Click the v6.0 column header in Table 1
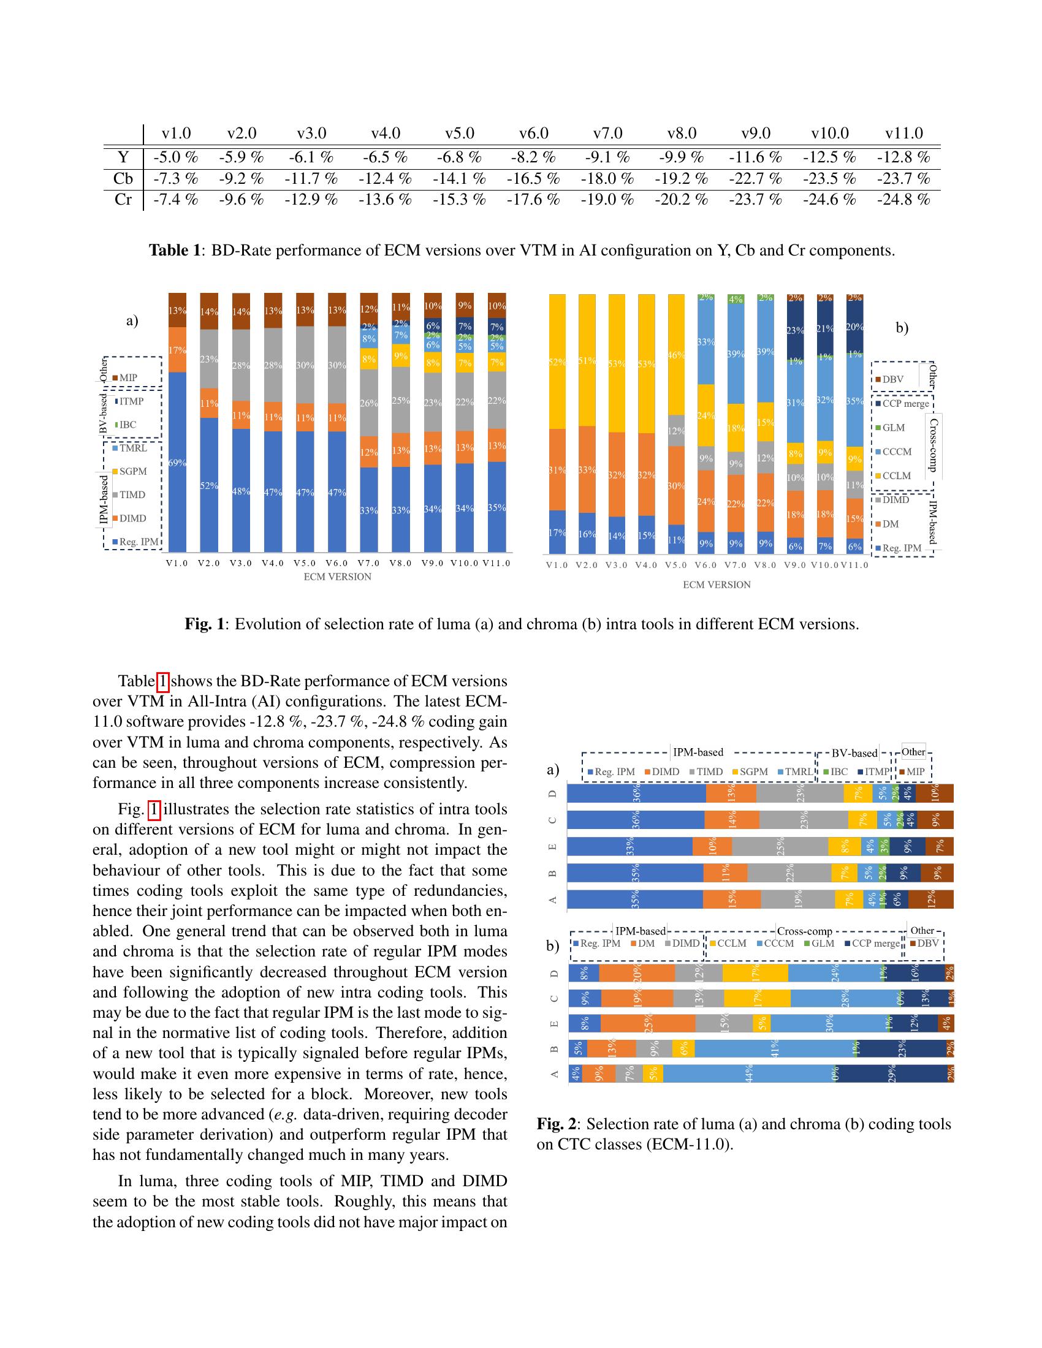533,134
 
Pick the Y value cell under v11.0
903,157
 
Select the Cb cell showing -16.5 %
533,179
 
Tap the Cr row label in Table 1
123,200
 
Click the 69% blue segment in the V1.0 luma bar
177,463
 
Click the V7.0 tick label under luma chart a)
368,563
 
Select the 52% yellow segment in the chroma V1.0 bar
557,362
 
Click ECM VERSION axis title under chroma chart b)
716,585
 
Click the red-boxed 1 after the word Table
163,681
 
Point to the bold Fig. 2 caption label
555,1124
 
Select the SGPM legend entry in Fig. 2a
750,771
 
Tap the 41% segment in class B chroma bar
774,1048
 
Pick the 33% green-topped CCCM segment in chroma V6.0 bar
705,342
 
